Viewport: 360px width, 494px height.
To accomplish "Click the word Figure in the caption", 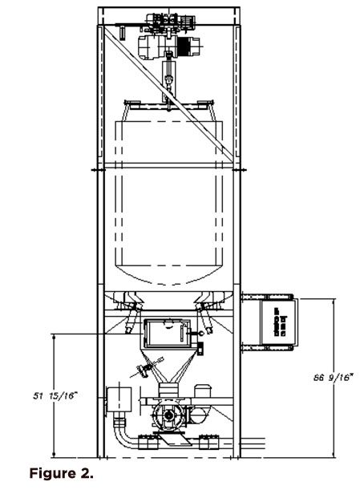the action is (x=51, y=473).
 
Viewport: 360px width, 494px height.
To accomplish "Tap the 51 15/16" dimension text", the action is (x=55, y=395).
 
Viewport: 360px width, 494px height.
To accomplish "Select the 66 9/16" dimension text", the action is (x=333, y=377).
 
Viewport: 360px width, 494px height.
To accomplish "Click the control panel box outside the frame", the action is (x=279, y=322).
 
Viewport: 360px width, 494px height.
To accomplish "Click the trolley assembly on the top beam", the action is (x=170, y=22).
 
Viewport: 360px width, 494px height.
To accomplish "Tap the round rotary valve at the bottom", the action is (x=168, y=415).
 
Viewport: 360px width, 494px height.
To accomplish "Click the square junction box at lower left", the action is (x=119, y=399).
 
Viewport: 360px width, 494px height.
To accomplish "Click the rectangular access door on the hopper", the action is (x=167, y=334).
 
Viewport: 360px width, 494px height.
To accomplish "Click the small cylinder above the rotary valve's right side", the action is (x=202, y=391).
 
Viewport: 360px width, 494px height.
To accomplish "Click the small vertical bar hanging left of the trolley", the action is (x=122, y=32).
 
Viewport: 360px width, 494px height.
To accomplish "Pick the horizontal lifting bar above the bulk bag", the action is (x=169, y=104).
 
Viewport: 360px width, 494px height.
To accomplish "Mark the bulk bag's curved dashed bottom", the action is (x=170, y=275).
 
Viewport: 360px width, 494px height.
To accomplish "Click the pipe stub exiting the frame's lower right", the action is (x=253, y=443).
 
